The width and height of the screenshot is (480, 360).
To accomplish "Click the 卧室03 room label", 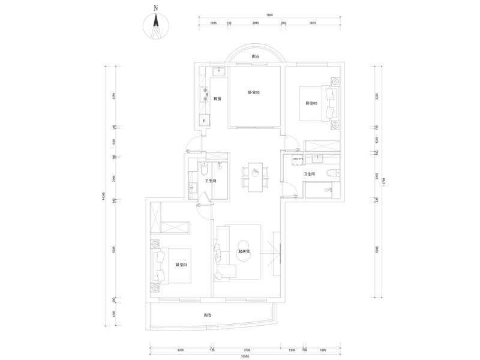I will click(x=253, y=92).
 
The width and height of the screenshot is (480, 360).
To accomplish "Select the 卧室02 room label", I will click(x=311, y=103).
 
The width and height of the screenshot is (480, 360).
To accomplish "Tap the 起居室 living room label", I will click(x=244, y=252).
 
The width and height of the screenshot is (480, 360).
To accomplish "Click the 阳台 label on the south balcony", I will click(x=207, y=315).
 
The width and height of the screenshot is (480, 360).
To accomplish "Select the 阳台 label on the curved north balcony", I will click(x=256, y=56).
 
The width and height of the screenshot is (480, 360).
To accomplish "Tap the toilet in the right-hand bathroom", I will click(x=331, y=174).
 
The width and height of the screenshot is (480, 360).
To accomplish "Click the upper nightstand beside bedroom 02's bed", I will click(x=334, y=82).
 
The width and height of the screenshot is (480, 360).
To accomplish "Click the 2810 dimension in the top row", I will click(x=256, y=24).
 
